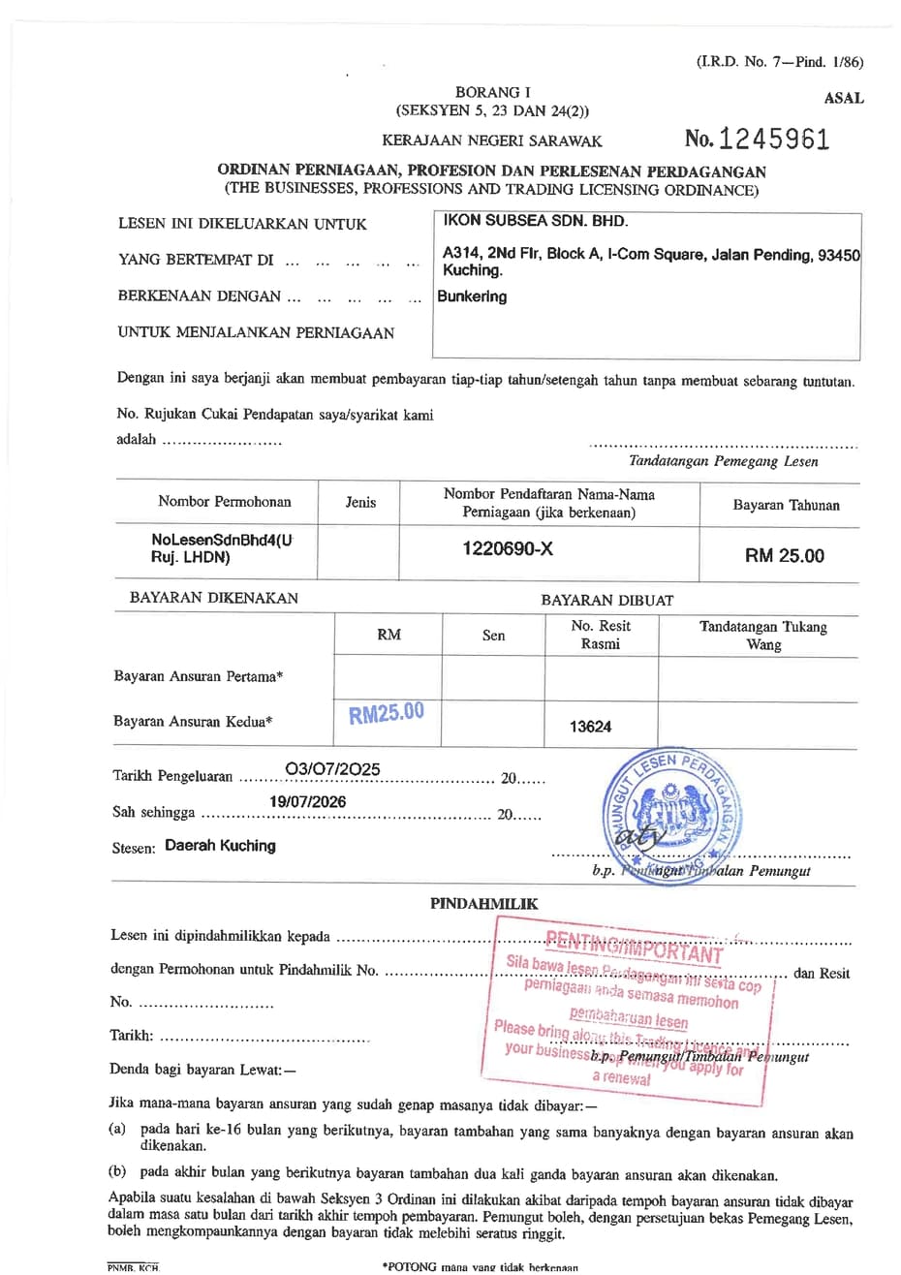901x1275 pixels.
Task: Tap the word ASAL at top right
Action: coord(843,98)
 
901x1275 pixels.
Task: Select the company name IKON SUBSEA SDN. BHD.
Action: coord(536,220)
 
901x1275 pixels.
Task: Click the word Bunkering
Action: coord(472,296)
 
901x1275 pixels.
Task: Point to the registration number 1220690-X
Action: coord(508,548)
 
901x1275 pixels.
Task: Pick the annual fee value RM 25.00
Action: coord(784,555)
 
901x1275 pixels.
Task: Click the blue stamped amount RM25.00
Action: coord(387,714)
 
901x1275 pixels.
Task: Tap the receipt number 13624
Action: coord(590,727)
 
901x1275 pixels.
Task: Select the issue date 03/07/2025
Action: coord(332,769)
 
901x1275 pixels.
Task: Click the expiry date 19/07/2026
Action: coord(307,801)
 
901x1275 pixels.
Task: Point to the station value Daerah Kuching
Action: coord(220,845)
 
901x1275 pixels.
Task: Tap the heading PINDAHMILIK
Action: coord(483,903)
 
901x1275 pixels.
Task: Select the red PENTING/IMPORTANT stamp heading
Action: coord(634,946)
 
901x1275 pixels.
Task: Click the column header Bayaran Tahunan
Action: coord(786,505)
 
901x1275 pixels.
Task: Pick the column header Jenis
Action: coord(360,502)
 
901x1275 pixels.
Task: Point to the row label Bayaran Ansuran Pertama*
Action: coord(199,676)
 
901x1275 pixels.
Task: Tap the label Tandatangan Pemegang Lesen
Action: coord(723,461)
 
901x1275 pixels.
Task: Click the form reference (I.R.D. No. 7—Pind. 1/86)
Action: coord(779,62)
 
